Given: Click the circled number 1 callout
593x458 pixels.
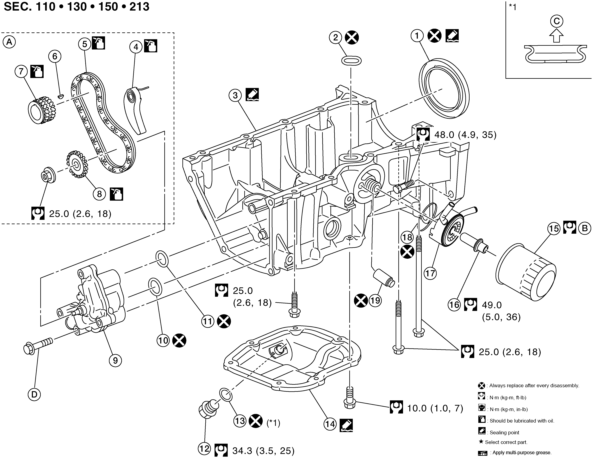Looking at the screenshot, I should click(x=417, y=36).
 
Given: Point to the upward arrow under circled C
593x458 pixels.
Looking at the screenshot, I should click(x=556, y=36).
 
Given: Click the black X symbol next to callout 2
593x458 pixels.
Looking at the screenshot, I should click(x=352, y=37).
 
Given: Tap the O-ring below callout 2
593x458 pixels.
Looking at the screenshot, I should click(x=351, y=60).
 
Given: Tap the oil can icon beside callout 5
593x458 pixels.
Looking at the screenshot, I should click(x=98, y=43).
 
